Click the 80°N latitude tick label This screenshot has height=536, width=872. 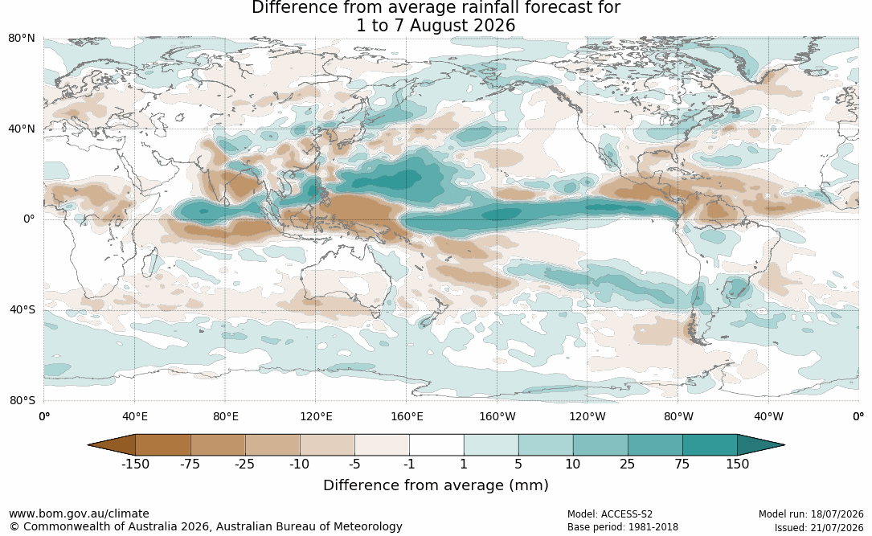[21, 39]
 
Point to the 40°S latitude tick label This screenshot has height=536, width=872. [22, 309]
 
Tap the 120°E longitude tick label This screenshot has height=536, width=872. [315, 416]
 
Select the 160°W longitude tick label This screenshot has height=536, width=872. [497, 416]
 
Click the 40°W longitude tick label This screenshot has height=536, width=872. [768, 416]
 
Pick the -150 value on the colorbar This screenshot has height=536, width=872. [135, 464]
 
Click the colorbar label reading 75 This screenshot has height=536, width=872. [682, 464]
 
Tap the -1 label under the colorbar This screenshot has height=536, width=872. [409, 464]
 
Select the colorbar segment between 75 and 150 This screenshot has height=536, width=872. [710, 445]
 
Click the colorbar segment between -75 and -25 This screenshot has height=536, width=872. [218, 445]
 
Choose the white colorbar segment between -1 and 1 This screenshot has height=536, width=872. [436, 445]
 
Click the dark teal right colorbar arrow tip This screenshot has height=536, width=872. [784, 445]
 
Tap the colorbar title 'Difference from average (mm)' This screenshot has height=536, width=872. [436, 485]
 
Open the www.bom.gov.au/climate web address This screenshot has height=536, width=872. [79, 513]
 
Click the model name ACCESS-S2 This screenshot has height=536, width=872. [627, 514]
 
